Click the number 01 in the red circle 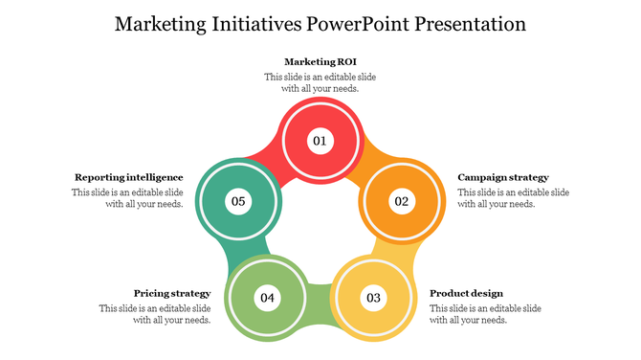pyautogui.click(x=320, y=141)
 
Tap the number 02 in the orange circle pyautogui.click(x=401, y=201)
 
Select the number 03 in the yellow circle pyautogui.click(x=372, y=298)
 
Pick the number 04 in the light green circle pyautogui.click(x=267, y=298)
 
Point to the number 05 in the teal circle pyautogui.click(x=237, y=201)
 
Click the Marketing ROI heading pyautogui.click(x=320, y=62)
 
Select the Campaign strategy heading pyautogui.click(x=503, y=177)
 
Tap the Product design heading pyautogui.click(x=466, y=293)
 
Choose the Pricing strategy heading pyautogui.click(x=171, y=293)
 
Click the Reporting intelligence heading pyautogui.click(x=129, y=177)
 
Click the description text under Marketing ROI pyautogui.click(x=320, y=82)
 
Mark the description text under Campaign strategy pyautogui.click(x=513, y=198)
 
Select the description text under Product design pyautogui.click(x=485, y=314)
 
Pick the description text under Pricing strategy pyautogui.click(x=155, y=314)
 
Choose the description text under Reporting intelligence pyautogui.click(x=127, y=198)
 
